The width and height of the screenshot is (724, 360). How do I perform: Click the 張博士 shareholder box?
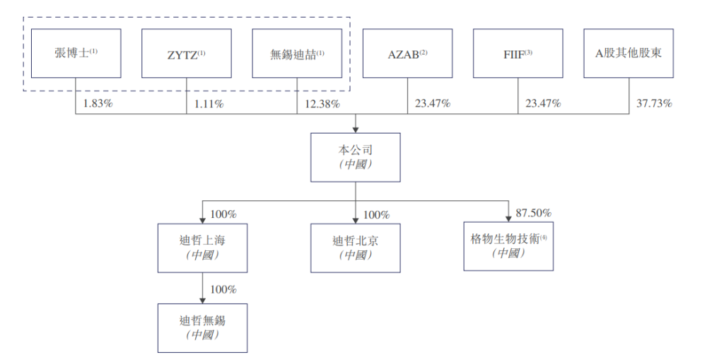pyautogui.click(x=76, y=53)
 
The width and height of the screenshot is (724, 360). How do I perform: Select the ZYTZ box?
pyautogui.click(x=186, y=53)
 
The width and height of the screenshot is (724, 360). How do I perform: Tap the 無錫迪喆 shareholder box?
pyautogui.click(x=297, y=53)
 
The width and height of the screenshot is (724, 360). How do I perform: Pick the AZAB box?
pyautogui.click(x=407, y=53)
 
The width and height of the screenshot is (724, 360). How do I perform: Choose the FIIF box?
pyautogui.click(x=518, y=53)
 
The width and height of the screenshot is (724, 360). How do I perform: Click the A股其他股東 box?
pyautogui.click(x=629, y=53)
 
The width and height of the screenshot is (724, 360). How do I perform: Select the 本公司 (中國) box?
pyautogui.click(x=356, y=156)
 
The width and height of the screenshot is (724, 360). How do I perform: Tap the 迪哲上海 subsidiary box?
pyautogui.click(x=202, y=247)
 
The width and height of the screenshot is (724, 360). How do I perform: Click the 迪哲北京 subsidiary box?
pyautogui.click(x=356, y=247)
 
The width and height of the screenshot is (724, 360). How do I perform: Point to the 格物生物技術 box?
pyautogui.click(x=508, y=245)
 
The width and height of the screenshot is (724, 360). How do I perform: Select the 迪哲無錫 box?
pyautogui.click(x=202, y=327)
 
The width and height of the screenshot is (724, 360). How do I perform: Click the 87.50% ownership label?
pyautogui.click(x=534, y=213)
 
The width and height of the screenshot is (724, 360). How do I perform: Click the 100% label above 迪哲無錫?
pyautogui.click(x=223, y=289)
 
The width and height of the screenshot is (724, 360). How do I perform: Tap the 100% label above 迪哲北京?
pyautogui.click(x=376, y=214)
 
